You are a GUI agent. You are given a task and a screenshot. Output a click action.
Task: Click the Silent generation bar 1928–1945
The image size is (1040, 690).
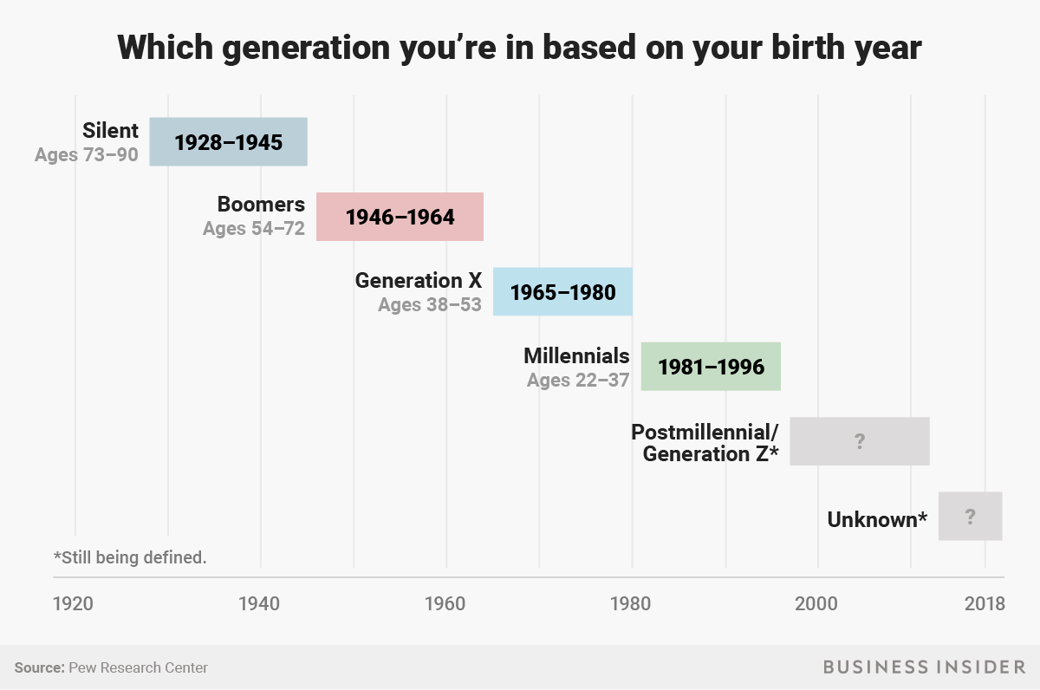coord(228,141)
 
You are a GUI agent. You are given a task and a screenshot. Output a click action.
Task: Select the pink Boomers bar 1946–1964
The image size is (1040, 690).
coord(400,217)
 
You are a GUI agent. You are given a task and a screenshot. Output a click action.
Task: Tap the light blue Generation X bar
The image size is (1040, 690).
coord(562,291)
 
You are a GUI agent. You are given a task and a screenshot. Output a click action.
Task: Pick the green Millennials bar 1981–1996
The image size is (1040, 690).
coord(711,366)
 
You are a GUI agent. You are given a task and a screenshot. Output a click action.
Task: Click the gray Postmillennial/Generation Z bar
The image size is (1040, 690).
coord(859,441)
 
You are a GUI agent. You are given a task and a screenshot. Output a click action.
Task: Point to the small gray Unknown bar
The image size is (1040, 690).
coord(970,516)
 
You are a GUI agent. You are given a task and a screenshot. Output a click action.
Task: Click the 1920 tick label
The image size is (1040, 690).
coord(73,603)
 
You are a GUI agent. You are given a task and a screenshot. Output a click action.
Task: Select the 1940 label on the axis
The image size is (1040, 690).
coord(259,603)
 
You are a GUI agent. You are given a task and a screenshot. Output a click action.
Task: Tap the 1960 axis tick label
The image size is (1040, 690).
coord(445,603)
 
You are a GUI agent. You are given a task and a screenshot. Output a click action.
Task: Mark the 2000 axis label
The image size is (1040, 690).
coord(817,603)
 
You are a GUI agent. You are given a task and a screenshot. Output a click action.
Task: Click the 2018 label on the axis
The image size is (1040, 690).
coord(985,603)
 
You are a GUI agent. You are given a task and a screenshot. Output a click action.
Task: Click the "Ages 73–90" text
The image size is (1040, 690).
coord(87,155)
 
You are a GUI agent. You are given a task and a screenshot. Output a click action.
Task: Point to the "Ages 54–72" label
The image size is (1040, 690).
coord(254,230)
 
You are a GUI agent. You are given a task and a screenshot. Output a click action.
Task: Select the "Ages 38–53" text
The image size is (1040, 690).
coord(430,305)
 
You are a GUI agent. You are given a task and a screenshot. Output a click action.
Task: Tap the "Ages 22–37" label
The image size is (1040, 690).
coord(578,380)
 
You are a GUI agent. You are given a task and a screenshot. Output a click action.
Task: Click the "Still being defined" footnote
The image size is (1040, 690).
coord(130,557)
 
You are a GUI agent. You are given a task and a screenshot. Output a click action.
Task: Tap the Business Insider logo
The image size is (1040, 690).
coord(924,667)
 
